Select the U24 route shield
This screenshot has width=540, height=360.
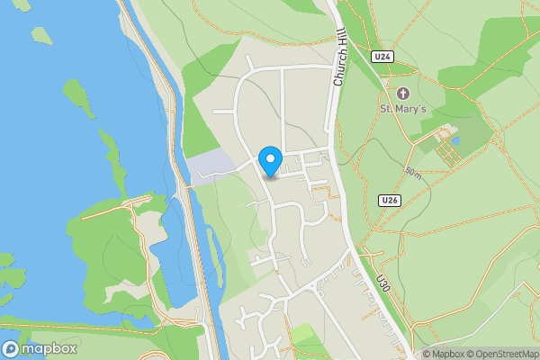coord(383,57)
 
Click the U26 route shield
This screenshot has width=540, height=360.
coord(389,200)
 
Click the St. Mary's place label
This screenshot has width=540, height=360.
coord(401,109)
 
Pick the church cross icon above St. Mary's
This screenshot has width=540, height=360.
coord(402,93)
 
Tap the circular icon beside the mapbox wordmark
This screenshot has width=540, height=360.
coord(11,349)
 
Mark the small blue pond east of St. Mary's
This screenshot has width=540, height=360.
coord(455,141)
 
